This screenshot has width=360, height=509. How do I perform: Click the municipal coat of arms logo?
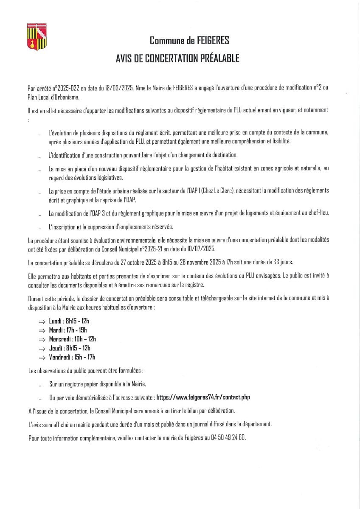(x=37, y=37)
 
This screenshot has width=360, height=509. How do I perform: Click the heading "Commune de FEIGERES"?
(x=189, y=41)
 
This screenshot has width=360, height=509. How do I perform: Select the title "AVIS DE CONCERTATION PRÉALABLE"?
(x=177, y=59)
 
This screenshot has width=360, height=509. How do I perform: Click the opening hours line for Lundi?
(x=69, y=321)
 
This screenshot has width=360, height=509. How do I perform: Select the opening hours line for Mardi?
(x=68, y=330)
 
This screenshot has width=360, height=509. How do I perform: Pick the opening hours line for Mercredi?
(x=72, y=339)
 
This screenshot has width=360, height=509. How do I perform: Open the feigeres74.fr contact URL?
(x=203, y=397)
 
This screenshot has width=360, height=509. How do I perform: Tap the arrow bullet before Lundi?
(x=42, y=322)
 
